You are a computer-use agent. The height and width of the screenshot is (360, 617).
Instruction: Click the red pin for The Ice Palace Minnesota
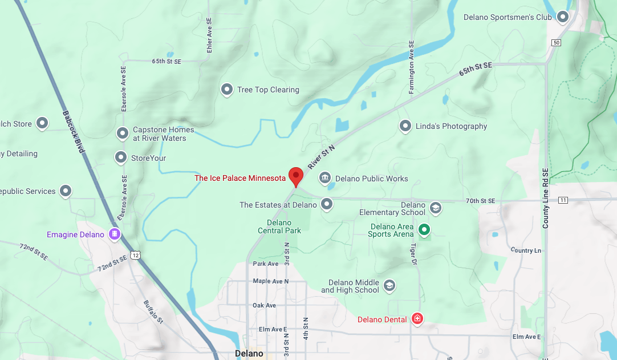pyautogui.click(x=295, y=176)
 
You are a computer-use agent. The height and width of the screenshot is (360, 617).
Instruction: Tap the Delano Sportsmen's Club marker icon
pyautogui.click(x=563, y=17)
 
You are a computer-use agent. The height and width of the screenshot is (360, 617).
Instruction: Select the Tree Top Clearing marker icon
pyautogui.click(x=227, y=89)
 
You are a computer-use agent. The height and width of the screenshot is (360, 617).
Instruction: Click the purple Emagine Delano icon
pyautogui.click(x=115, y=234)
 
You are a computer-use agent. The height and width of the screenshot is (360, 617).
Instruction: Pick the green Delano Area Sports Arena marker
pyautogui.click(x=424, y=230)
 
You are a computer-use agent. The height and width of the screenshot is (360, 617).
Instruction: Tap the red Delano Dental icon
pyautogui.click(x=417, y=318)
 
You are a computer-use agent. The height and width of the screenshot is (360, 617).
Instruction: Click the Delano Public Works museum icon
pyautogui.click(x=325, y=178)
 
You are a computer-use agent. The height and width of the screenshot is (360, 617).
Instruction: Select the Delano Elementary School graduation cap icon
pyautogui.click(x=436, y=208)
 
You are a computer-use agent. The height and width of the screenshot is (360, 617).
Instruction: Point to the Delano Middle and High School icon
pyautogui.click(x=389, y=285)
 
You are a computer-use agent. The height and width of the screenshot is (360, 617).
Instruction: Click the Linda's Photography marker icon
pyautogui.click(x=405, y=126)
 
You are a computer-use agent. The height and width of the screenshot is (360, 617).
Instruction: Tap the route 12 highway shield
pyautogui.click(x=135, y=254)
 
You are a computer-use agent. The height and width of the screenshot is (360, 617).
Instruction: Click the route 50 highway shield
pyautogui.click(x=556, y=43)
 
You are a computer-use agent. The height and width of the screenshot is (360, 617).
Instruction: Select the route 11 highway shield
pyautogui.click(x=563, y=200)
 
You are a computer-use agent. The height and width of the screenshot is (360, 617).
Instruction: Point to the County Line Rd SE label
pyautogui.click(x=546, y=199)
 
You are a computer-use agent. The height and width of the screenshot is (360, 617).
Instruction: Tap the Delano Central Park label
pyautogui.click(x=279, y=226)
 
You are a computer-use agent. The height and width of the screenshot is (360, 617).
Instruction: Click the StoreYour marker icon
pyautogui.click(x=121, y=157)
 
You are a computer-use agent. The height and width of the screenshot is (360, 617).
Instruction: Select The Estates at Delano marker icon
pyautogui.click(x=327, y=204)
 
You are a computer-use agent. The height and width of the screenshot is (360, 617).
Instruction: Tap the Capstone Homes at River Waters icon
pyautogui.click(x=122, y=134)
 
